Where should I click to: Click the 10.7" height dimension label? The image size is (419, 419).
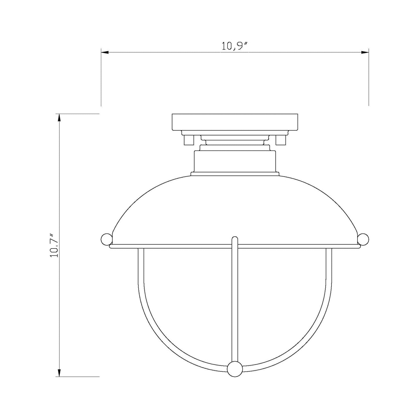pos(54,246)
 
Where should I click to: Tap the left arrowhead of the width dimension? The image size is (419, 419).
pos(105,52)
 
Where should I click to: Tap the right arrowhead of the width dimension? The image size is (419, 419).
pos(365,52)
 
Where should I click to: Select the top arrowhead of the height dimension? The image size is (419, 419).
pos(59,118)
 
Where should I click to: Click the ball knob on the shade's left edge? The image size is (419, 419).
pos(106,240)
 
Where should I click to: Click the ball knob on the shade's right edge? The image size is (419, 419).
pos(363,240)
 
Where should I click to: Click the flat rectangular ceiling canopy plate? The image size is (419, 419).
pos(235,122)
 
